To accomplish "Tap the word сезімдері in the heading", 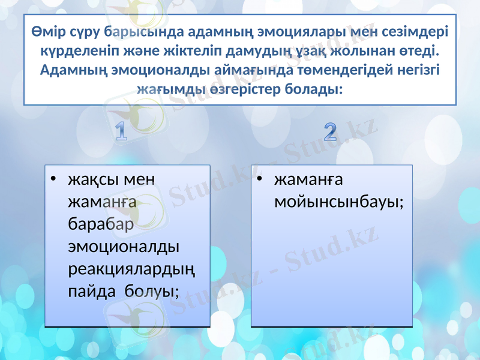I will point(415,31).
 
